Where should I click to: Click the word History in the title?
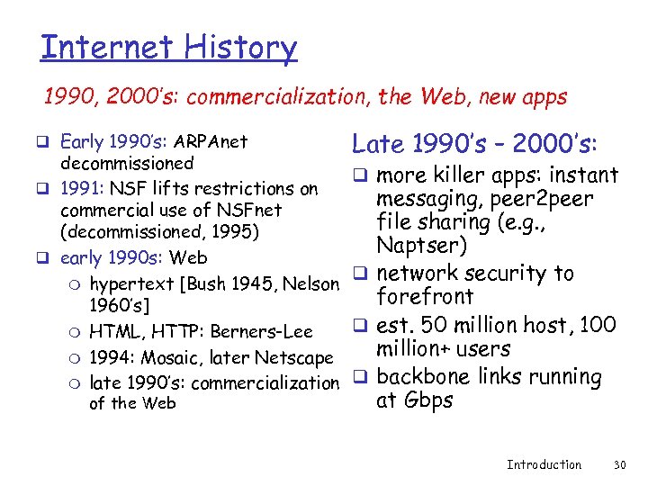pyautogui.click(x=240, y=47)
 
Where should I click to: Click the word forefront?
pyautogui.click(x=425, y=297)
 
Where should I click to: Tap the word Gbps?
pyautogui.click(x=427, y=400)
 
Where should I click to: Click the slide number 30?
pyautogui.click(x=618, y=464)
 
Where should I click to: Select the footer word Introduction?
pyautogui.click(x=544, y=464)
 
